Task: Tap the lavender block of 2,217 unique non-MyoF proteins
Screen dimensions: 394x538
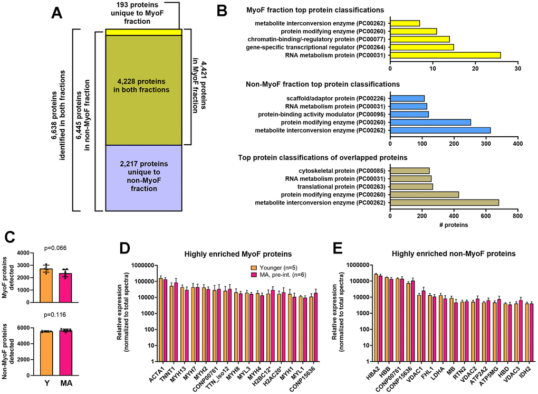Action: pyautogui.click(x=143, y=177)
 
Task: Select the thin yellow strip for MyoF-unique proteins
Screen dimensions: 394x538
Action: pyautogui.click(x=143, y=32)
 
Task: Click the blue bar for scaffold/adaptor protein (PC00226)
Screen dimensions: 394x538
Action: pyautogui.click(x=407, y=98)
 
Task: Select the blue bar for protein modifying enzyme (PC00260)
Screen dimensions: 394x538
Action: pyautogui.click(x=430, y=122)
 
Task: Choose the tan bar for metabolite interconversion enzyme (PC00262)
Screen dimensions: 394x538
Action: pyautogui.click(x=444, y=202)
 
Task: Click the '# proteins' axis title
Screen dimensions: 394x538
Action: pyautogui.click(x=454, y=224)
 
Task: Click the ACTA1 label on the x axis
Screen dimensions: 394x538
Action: pyautogui.click(x=157, y=375)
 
